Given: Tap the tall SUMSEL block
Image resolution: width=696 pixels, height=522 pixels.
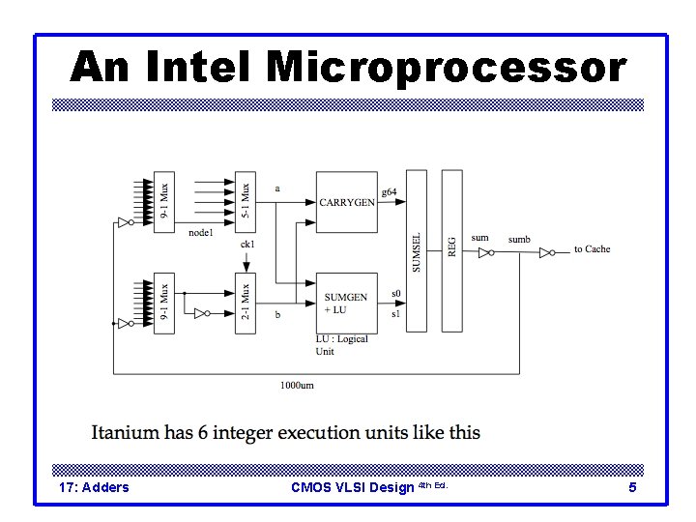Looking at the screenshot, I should pyautogui.click(x=417, y=250).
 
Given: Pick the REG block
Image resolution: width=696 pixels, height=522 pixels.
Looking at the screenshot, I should pyautogui.click(x=451, y=250).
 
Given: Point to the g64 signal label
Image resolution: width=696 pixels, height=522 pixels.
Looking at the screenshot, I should pyautogui.click(x=389, y=192).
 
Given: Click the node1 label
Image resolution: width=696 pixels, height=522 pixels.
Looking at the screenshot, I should pyautogui.click(x=200, y=233).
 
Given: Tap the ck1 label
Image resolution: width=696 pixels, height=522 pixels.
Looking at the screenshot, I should pyautogui.click(x=247, y=245).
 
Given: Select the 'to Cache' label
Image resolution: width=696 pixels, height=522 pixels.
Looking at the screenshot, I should pyautogui.click(x=592, y=249).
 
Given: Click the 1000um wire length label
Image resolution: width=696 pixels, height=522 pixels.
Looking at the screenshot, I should pyautogui.click(x=296, y=385).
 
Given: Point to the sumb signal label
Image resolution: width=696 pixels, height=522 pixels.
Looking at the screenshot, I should pyautogui.click(x=519, y=239).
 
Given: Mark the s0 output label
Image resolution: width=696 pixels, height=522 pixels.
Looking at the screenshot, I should pyautogui.click(x=395, y=293).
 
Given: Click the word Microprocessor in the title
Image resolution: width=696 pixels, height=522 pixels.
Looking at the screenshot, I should pyautogui.click(x=446, y=67).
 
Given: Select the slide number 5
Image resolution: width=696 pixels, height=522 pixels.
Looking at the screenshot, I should pyautogui.click(x=632, y=487).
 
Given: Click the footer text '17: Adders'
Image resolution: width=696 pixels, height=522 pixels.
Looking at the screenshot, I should pyautogui.click(x=94, y=487).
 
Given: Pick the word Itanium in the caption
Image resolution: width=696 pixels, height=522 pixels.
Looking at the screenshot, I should pyautogui.click(x=125, y=432).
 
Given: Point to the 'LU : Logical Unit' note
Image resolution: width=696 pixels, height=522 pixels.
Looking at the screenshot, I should pyautogui.click(x=341, y=345).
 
